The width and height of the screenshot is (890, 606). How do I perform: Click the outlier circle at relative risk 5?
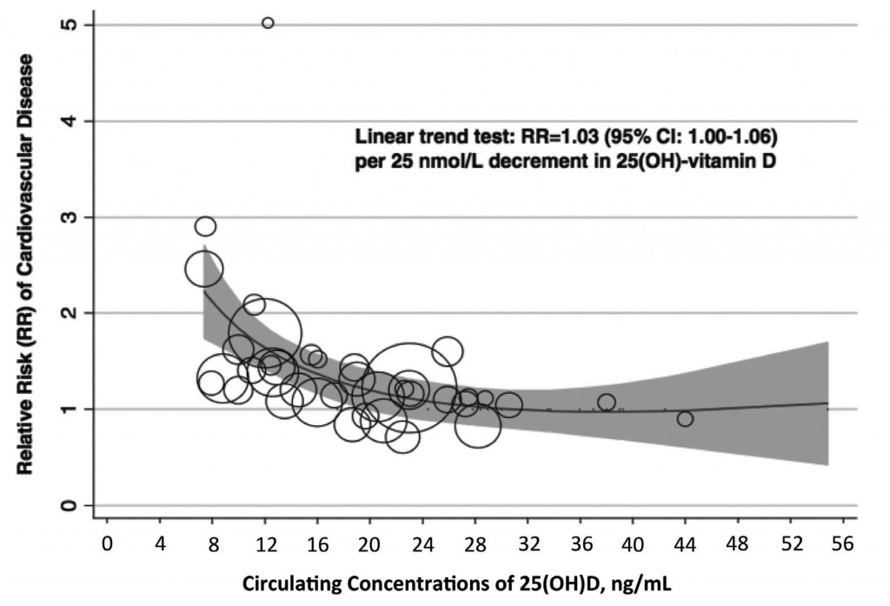tap(268, 23)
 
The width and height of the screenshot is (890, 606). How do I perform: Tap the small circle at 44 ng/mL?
tap(685, 419)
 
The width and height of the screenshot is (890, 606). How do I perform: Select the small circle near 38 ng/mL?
tap(607, 402)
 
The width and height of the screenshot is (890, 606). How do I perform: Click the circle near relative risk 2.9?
tap(205, 227)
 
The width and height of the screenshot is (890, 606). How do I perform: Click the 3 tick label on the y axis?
tap(68, 216)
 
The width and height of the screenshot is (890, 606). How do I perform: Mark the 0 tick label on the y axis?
tap(68, 505)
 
